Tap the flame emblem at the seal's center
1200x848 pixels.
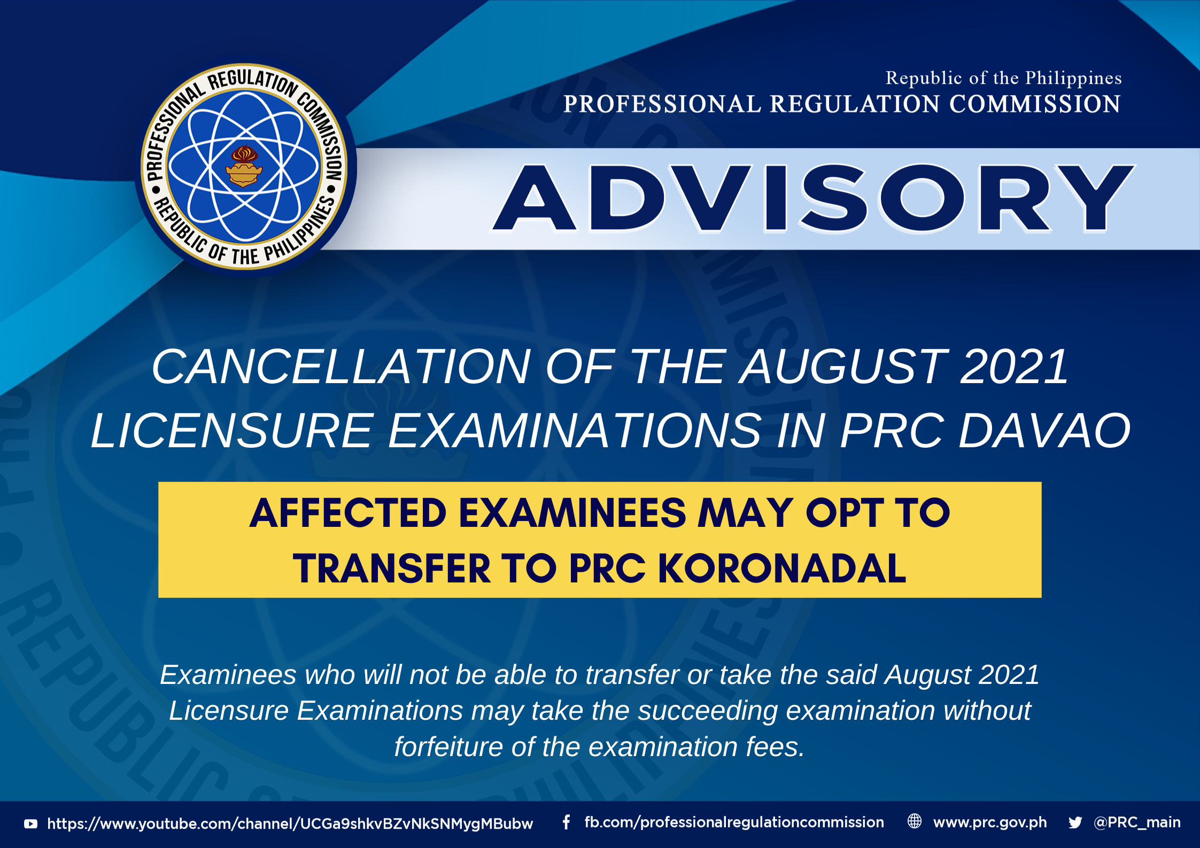pyautogui.click(x=244, y=166)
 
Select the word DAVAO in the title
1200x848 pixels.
pyautogui.click(x=1044, y=431)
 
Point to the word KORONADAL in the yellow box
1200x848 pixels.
pyautogui.click(x=782, y=568)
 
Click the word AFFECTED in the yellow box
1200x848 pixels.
pyautogui.click(x=348, y=513)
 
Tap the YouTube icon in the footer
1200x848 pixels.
pyautogui.click(x=31, y=823)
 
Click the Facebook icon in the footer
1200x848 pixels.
pyautogui.click(x=567, y=822)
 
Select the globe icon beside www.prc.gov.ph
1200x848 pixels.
pyautogui.click(x=915, y=821)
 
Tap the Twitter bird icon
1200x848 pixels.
pyautogui.click(x=1075, y=822)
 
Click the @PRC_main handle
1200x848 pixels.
pyautogui.click(x=1137, y=822)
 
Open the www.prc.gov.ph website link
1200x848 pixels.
pyautogui.click(x=990, y=822)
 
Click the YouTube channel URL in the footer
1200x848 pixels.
pyautogui.click(x=290, y=823)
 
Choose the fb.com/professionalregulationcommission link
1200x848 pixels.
pyautogui.click(x=734, y=822)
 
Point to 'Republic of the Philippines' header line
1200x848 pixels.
pyautogui.click(x=1003, y=78)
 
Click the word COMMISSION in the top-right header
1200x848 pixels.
pyautogui.click(x=1035, y=104)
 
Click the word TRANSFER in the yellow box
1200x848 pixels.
pyautogui.click(x=392, y=568)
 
